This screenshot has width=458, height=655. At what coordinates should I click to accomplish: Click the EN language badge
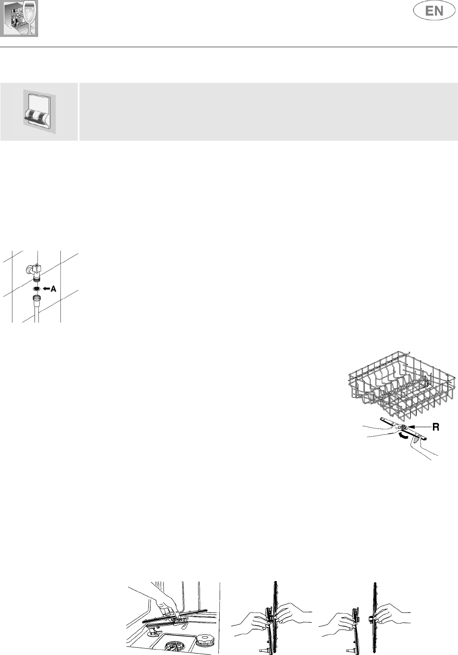point(434,11)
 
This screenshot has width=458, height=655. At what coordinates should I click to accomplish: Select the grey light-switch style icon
point(39,111)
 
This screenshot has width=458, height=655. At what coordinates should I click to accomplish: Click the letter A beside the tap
point(54,289)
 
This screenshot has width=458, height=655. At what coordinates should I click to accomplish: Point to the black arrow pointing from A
point(46,289)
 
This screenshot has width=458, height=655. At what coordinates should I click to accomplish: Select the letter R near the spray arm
point(435,428)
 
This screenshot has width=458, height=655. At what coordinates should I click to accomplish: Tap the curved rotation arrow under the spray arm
point(404,436)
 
